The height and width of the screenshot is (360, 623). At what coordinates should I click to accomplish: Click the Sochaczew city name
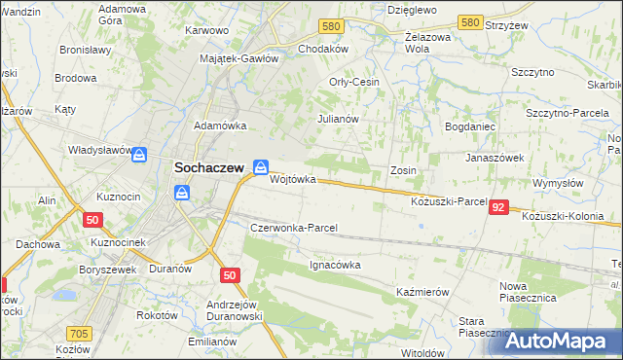pos(208,166)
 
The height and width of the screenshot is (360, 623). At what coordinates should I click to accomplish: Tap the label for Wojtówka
pos(293,180)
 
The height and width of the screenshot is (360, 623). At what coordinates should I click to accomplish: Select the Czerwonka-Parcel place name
pos(294,228)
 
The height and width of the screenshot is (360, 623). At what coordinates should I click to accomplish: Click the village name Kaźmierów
pos(422,292)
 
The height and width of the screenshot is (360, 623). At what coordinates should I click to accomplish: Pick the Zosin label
pos(403,170)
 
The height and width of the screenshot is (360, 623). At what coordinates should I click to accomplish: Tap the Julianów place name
pos(339,119)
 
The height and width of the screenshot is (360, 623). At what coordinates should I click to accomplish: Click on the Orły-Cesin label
pos(354,82)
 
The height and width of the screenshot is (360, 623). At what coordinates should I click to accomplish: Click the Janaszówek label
pos(495,157)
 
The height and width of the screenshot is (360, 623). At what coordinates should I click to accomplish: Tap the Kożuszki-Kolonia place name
pos(571,217)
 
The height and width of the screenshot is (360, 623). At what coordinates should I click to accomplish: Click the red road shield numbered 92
pos(499,207)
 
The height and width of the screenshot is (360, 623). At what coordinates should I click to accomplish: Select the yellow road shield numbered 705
pos(80,334)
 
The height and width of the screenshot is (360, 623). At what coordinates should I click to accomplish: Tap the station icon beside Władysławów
pos(140,154)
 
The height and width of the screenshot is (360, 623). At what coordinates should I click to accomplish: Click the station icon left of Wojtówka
pos(260,167)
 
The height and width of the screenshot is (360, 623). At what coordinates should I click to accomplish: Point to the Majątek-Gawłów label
pos(239,58)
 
